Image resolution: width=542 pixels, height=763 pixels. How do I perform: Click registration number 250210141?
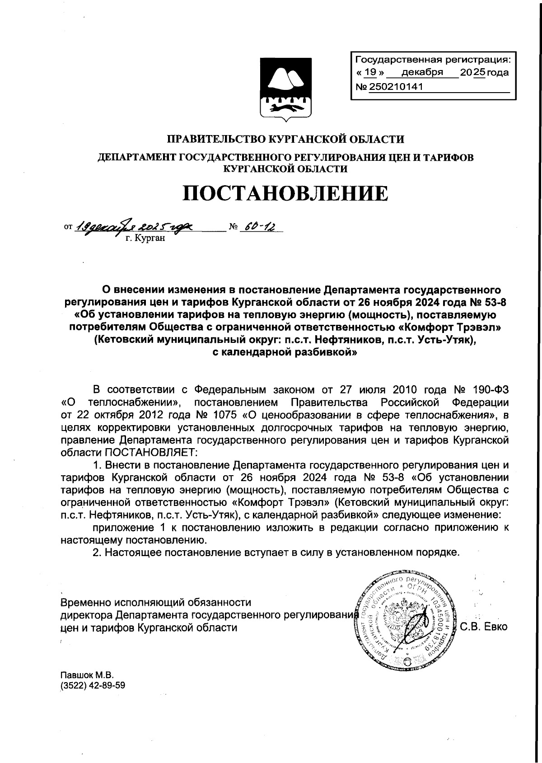(396, 87)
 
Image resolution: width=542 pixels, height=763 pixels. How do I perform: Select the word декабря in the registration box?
(422, 72)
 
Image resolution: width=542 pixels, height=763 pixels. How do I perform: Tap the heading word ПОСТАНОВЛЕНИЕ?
(285, 193)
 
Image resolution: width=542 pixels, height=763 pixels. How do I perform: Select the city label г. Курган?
(145, 238)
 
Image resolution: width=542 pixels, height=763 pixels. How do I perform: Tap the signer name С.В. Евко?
(484, 627)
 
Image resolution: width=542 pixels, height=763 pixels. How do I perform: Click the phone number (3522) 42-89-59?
(93, 685)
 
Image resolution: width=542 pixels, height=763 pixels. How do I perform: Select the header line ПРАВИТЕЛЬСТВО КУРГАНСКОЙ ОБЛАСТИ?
(286, 139)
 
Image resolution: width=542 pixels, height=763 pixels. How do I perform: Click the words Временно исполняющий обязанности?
(155, 602)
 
